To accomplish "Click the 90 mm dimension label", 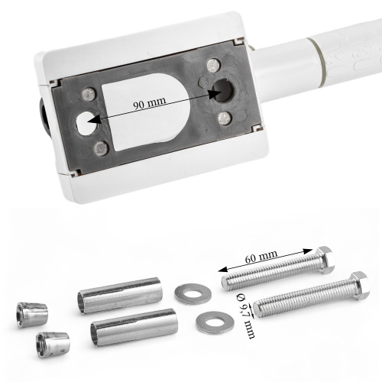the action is point(150,102).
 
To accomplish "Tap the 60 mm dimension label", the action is point(261,257).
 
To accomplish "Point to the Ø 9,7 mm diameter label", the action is point(246,316).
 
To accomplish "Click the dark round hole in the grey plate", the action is point(222,90).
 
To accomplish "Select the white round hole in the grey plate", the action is point(86,123).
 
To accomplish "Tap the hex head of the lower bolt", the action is point(360,285).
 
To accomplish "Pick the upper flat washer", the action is point(193,293).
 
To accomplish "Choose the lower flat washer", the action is point(215,322).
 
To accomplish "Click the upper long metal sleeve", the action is point(120,296).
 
